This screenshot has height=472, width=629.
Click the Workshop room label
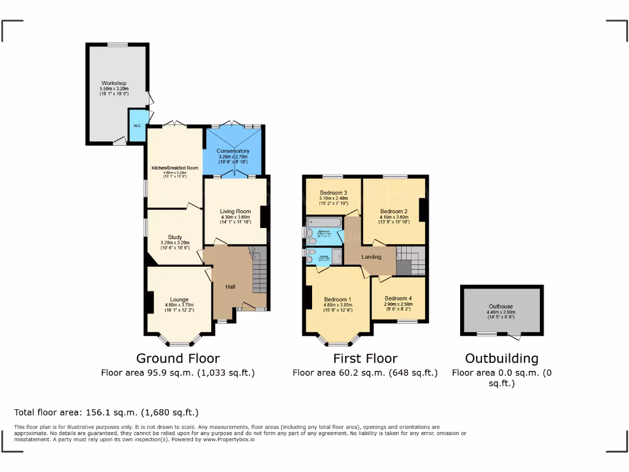coord(114,83)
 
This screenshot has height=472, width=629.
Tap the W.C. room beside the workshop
coord(137,125)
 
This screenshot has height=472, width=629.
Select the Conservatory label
coord(233,151)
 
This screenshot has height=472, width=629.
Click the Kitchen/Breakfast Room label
coord(175,168)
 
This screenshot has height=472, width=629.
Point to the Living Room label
coord(236,211)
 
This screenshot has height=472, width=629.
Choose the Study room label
coord(175,237)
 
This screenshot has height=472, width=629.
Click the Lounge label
coord(179,299)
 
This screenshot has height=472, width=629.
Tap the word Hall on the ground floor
coord(230,287)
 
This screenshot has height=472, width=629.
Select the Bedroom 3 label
coord(334,192)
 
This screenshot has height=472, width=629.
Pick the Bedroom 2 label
coord(394,211)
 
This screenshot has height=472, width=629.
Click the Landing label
coord(371,257)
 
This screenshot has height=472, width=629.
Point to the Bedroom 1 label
coord(338,299)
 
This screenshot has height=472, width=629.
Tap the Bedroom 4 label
coord(398,299)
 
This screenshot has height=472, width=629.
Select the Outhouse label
coord(501,306)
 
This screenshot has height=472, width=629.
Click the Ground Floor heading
coord(178,358)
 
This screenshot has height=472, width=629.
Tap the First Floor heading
coord(365,358)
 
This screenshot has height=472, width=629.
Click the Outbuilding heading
coord(501,358)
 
